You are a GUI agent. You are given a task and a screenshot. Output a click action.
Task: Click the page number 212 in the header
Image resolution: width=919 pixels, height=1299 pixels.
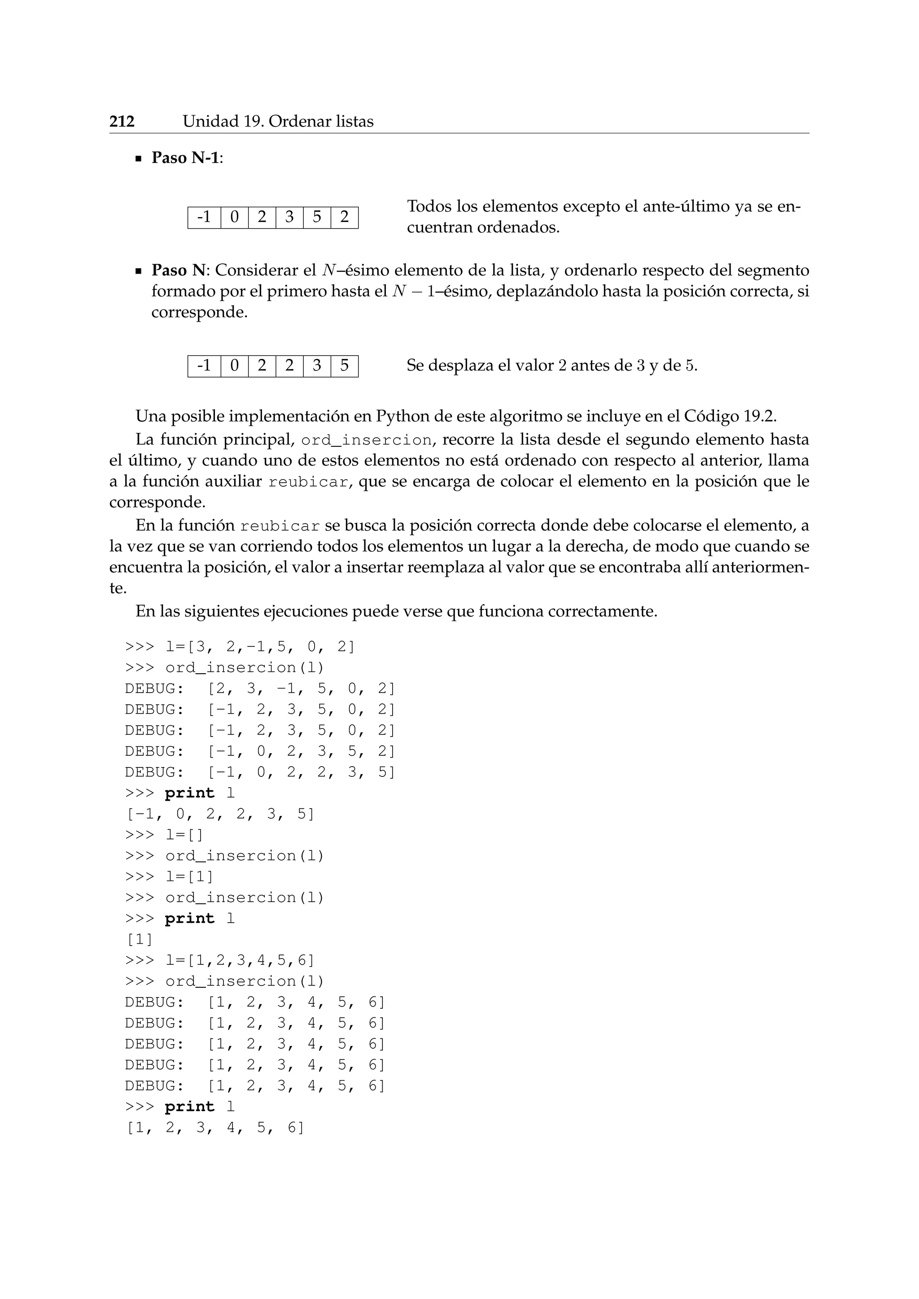tap(122, 122)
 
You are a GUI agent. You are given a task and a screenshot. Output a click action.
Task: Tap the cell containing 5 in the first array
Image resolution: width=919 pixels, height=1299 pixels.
tap(317, 217)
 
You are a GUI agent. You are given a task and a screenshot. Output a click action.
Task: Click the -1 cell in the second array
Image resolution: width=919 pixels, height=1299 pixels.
tap(204, 366)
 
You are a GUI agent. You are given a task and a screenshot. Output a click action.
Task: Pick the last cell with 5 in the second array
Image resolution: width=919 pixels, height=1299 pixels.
tap(344, 366)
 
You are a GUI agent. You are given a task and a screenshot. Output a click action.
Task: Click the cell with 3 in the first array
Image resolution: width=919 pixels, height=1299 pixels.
tap(289, 217)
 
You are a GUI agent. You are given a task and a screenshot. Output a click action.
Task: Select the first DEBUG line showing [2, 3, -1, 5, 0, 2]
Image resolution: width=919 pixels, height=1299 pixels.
tap(260, 689)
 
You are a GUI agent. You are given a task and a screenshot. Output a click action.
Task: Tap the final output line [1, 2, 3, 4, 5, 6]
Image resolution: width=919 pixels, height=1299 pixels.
tap(215, 1128)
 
